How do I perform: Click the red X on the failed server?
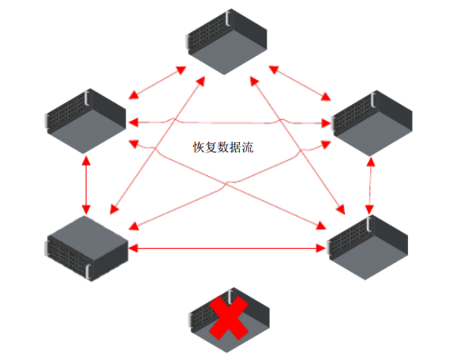[x=229, y=317]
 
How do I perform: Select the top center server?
[x=226, y=42]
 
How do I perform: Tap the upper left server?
[x=85, y=121]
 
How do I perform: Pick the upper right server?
[x=372, y=123]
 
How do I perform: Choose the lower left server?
[x=86, y=248]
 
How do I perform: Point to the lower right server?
[x=368, y=247]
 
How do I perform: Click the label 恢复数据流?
[x=223, y=147]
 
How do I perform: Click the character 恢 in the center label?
[x=198, y=147]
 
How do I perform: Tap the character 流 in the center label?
[x=248, y=147]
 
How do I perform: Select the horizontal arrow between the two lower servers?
[x=227, y=248]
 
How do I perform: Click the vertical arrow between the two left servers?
[x=86, y=186]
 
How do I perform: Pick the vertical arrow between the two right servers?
[x=370, y=186]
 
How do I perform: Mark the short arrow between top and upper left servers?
[x=157, y=83]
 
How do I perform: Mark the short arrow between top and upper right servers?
[x=300, y=83]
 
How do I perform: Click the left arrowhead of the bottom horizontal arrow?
[x=133, y=248]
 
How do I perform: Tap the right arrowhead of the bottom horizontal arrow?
[x=321, y=248]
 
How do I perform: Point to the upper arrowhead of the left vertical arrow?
[x=86, y=160]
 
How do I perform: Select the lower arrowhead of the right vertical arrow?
[x=369, y=210]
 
